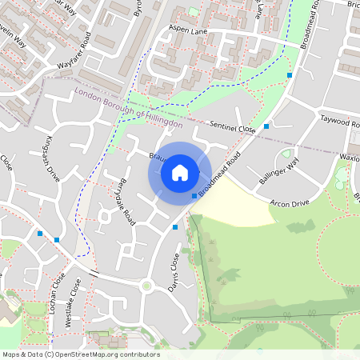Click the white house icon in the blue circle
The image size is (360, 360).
[x=180, y=173]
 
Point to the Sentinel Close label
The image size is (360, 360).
[x=232, y=127]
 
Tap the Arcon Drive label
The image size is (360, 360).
[x=289, y=202]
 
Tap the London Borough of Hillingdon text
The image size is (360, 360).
[x=128, y=110]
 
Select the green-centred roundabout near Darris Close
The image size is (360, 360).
[x=146, y=285]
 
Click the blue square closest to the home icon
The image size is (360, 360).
[x=194, y=196]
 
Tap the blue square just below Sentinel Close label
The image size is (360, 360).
[x=266, y=126]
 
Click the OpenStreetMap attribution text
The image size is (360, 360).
[x=81, y=354]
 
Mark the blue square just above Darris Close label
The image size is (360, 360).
[x=175, y=227]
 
